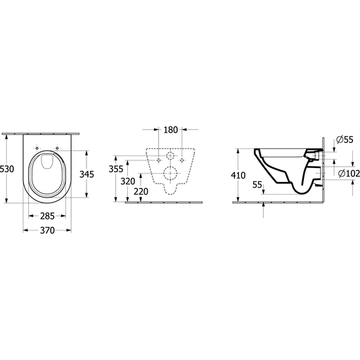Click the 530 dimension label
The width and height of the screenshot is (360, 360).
[7, 169]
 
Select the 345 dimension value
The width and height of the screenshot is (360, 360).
[86, 174]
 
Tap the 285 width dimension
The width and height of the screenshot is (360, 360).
[47, 216]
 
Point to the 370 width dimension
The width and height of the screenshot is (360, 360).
[47, 231]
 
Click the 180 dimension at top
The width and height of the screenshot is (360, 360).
[171, 130]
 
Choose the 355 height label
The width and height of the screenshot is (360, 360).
[116, 169]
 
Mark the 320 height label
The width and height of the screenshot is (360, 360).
[128, 181]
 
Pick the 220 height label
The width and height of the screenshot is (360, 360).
[141, 192]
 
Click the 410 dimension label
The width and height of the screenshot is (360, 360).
[238, 175]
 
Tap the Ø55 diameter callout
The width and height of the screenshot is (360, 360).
[345, 140]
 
